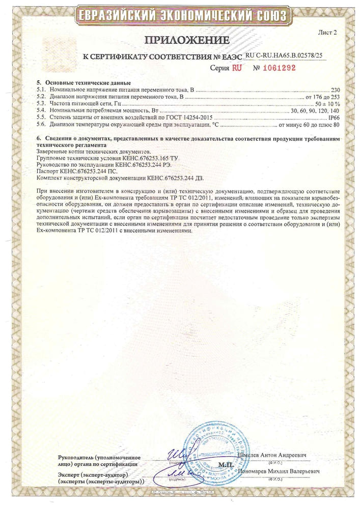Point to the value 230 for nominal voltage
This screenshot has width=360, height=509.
pos(335,89)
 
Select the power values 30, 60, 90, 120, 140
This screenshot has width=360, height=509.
pos(314,110)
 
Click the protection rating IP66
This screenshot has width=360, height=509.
pos(333,117)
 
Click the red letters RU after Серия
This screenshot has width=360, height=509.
pos(237,67)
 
